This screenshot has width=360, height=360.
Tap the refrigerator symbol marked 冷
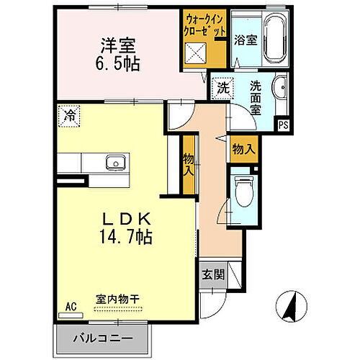(x=70, y=115)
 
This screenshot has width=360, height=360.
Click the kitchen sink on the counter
(x=114, y=161)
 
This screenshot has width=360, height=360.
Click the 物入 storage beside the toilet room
(x=243, y=149)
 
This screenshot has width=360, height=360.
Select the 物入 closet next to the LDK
(x=189, y=166)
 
